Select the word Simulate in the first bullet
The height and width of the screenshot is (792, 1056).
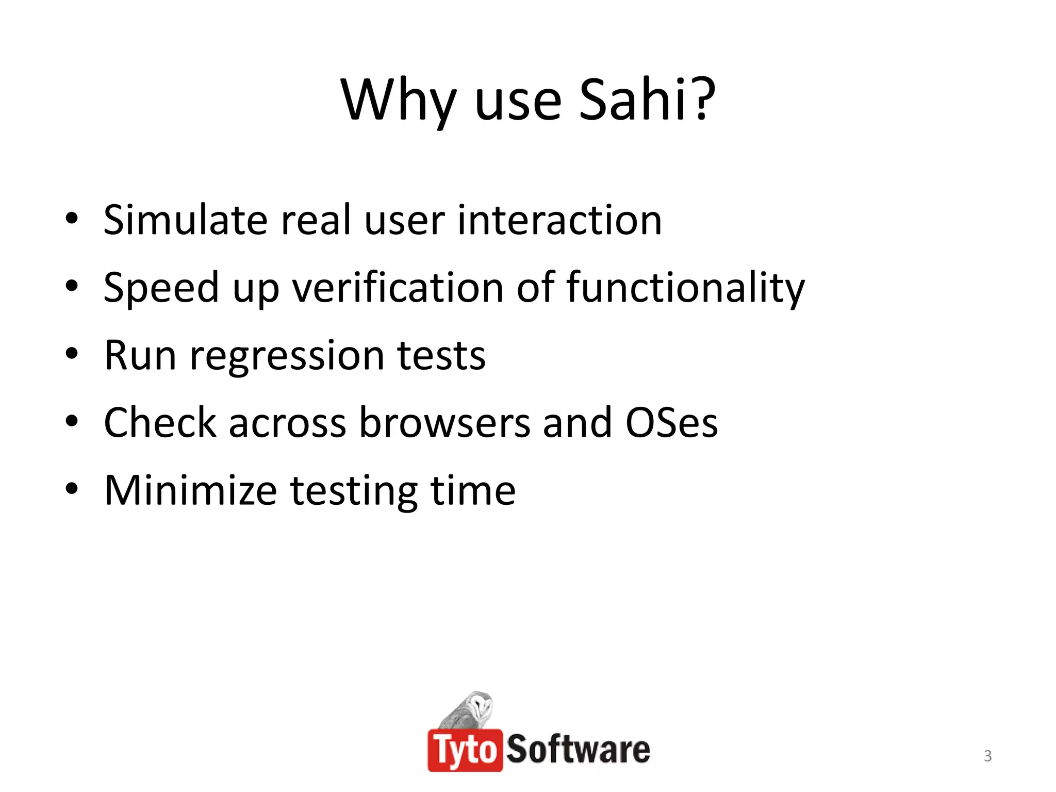click(185, 220)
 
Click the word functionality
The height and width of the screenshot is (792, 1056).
click(685, 289)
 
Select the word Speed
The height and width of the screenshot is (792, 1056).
click(161, 289)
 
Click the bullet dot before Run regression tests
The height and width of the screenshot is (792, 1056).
click(72, 355)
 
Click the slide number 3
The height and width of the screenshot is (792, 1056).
click(987, 756)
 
